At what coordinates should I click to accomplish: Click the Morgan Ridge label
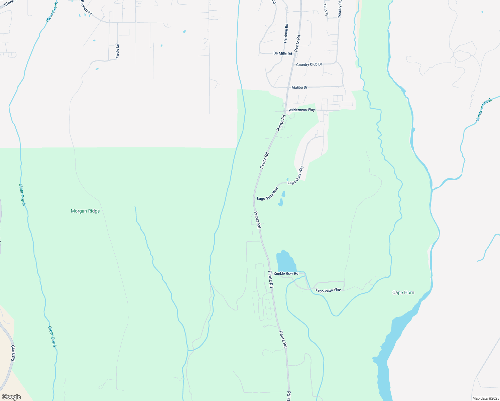[85, 211]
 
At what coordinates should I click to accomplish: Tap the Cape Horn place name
[403, 293]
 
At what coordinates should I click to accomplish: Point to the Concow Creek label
[484, 110]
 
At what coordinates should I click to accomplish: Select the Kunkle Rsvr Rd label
[286, 274]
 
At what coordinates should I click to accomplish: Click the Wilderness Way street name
[301, 110]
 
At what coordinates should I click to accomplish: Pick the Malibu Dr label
[299, 88]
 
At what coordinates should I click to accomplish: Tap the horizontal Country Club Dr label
[309, 64]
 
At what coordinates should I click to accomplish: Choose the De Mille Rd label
[282, 53]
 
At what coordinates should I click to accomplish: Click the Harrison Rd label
[286, 33]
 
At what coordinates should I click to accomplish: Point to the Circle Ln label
[117, 51]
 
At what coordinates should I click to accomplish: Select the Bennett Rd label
[86, 7]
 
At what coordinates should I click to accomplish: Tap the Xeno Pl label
[326, 9]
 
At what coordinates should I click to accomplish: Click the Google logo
[11, 397]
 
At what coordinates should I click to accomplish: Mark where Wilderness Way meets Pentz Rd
[284, 110]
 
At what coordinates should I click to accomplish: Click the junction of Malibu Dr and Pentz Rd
[287, 88]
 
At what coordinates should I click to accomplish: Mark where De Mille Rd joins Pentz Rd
[292, 53]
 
